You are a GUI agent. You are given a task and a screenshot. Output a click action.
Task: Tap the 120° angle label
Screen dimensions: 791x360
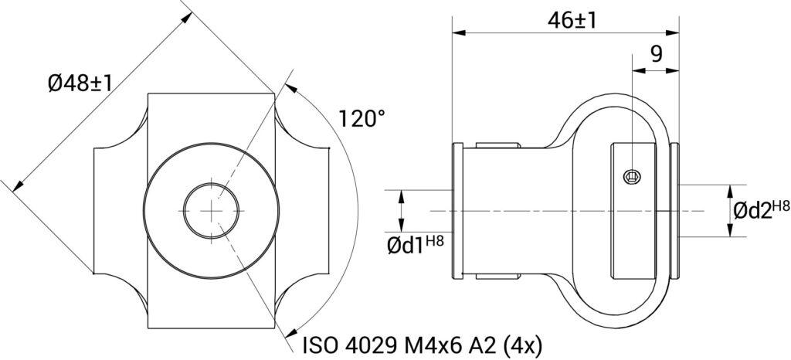(x=362, y=119)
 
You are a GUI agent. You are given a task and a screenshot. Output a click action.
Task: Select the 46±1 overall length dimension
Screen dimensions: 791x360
(x=572, y=21)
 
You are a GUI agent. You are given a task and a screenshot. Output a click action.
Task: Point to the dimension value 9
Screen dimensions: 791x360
(x=656, y=53)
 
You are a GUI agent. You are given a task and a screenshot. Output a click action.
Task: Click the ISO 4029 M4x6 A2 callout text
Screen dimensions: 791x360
(x=422, y=345)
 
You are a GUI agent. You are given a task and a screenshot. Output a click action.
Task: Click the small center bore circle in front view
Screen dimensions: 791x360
(x=212, y=210)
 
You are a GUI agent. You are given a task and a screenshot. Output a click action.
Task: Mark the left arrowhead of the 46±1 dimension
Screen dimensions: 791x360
(x=458, y=32)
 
